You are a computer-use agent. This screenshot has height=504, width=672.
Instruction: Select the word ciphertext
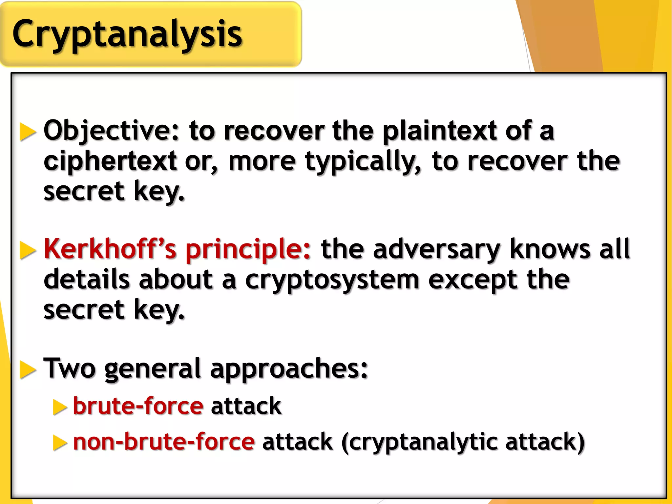click(x=110, y=161)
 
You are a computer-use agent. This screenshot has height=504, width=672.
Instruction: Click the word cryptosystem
click(x=332, y=280)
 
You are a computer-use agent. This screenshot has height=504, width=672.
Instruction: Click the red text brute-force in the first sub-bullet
click(x=138, y=406)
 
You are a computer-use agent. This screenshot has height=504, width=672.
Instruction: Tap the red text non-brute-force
click(x=163, y=442)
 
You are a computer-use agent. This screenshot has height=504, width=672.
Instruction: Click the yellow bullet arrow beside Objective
click(x=28, y=132)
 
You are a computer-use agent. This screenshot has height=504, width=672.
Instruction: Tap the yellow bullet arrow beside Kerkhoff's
click(x=28, y=250)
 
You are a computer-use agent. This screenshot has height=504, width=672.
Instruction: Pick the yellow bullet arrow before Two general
click(x=28, y=369)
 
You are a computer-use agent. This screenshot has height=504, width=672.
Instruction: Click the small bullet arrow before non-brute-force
click(x=60, y=443)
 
